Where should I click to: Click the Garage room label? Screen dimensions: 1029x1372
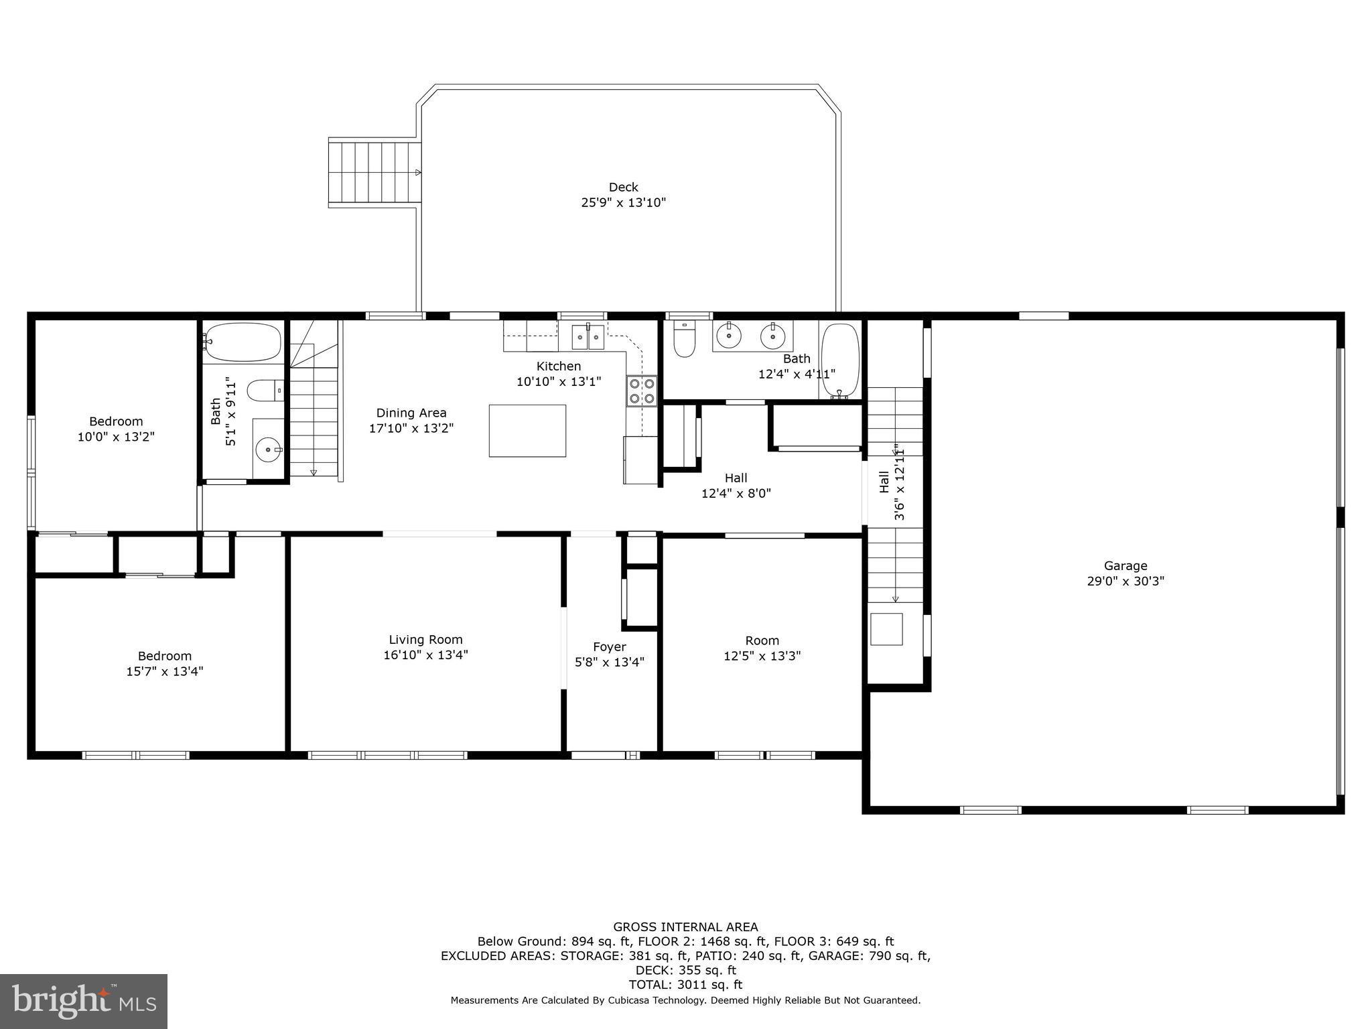[x=1125, y=565]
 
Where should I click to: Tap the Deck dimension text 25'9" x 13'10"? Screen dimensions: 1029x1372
[x=623, y=202]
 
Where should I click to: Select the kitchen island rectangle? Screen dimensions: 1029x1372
[x=527, y=431]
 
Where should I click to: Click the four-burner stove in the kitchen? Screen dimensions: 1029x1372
[x=642, y=391]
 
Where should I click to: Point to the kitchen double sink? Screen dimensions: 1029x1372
[x=588, y=337]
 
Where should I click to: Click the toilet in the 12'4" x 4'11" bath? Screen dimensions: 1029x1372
[x=685, y=340]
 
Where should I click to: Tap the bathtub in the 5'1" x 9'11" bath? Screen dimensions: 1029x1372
[x=243, y=342]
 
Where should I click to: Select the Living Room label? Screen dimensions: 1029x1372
[x=425, y=640]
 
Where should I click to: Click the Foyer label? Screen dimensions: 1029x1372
[x=609, y=646]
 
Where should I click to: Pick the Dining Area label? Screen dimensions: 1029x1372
[x=411, y=413]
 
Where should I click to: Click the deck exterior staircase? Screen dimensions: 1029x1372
[x=374, y=172]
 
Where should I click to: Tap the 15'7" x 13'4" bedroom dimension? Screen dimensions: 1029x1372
[x=164, y=671]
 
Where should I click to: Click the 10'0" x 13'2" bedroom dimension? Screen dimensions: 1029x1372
[x=116, y=437]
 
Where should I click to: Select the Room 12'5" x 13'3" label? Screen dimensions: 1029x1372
[x=762, y=640]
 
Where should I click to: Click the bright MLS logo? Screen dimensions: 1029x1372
[x=84, y=1002]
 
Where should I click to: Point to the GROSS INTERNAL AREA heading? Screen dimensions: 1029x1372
[x=685, y=927]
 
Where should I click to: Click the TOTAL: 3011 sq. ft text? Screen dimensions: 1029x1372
[x=685, y=985]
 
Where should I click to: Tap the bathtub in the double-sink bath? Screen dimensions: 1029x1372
[x=840, y=361]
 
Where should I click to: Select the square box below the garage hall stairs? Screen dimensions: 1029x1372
[x=886, y=629]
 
